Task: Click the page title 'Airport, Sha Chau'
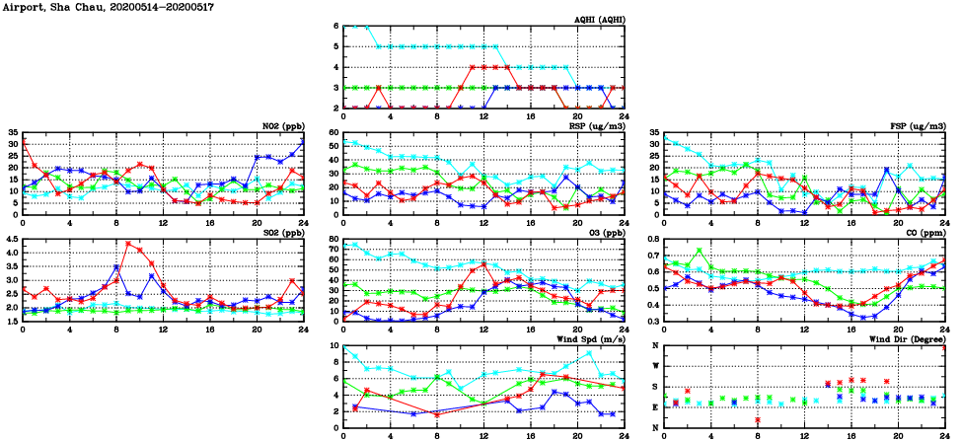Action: pyautogui.click(x=47, y=6)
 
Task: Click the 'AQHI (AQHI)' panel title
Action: pyautogui.click(x=600, y=19)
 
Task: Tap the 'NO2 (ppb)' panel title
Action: pyautogui.click(x=283, y=125)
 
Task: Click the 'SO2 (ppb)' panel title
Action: pyautogui.click(x=283, y=232)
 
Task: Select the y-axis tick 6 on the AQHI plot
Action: pyautogui.click(x=335, y=26)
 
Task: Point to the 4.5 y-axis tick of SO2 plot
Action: pyautogui.click(x=12, y=239)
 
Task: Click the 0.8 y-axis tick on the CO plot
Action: pyautogui.click(x=651, y=239)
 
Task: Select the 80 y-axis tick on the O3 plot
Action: pyautogui.click(x=333, y=239)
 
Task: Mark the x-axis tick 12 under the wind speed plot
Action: pyautogui.click(x=483, y=436)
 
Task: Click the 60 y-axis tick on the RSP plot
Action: pyautogui.click(x=333, y=132)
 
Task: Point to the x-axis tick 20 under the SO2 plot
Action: pyautogui.click(x=257, y=330)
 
